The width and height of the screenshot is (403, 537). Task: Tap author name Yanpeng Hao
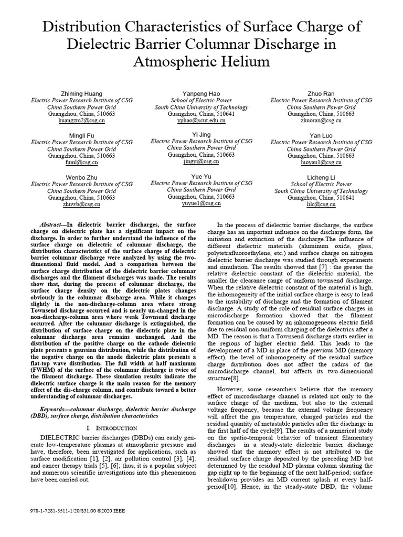pos(201,93)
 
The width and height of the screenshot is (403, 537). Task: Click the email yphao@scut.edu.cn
pos(201,120)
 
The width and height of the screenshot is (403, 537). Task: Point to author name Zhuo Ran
pos(322,93)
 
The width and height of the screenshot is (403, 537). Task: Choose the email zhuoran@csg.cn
pos(322,120)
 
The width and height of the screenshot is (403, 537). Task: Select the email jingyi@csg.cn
pos(201,162)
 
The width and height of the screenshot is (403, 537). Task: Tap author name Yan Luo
pos(322,135)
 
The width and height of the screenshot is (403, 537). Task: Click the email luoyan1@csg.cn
pos(322,163)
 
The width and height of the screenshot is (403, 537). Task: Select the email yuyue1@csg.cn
pos(201,204)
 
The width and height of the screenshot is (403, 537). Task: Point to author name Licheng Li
pos(322,177)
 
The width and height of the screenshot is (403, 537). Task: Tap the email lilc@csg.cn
pos(322,205)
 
